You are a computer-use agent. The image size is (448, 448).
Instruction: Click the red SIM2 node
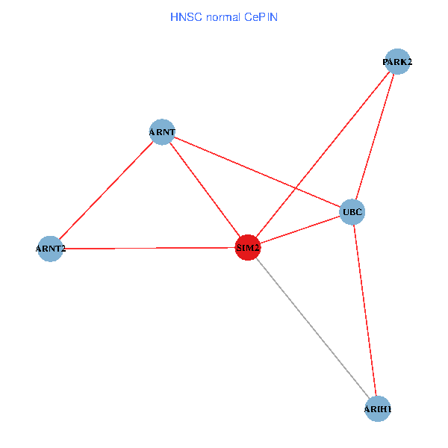(248, 247)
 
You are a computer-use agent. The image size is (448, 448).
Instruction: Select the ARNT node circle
(162, 132)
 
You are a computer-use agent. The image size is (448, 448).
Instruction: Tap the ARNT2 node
(50, 249)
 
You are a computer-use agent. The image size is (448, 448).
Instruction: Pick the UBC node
(352, 212)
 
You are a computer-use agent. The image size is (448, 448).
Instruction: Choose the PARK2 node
(397, 62)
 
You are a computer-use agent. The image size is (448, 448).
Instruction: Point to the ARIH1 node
(378, 408)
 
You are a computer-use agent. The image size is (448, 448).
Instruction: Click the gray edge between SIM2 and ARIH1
(313, 328)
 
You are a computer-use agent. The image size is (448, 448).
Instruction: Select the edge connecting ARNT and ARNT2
(106, 190)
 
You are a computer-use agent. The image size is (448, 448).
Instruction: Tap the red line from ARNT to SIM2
(205, 190)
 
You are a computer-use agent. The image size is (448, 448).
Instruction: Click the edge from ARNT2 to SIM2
(149, 248)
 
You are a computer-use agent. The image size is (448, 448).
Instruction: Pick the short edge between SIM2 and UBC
(300, 230)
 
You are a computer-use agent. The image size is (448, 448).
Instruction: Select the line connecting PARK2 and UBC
(375, 137)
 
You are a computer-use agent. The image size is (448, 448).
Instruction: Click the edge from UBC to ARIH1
(365, 311)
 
